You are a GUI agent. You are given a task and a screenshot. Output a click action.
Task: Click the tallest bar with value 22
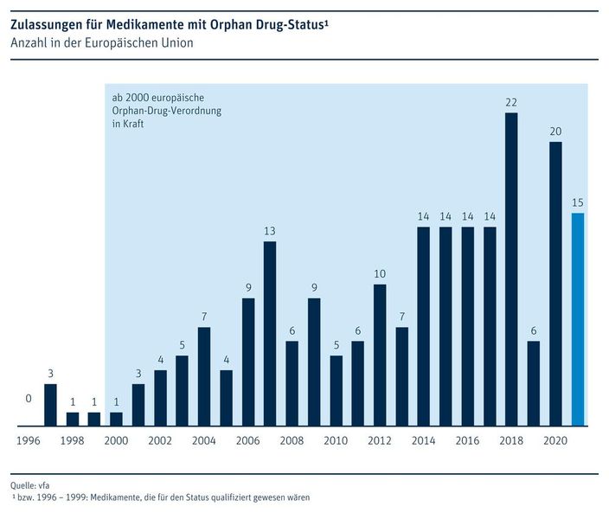[x=511, y=269]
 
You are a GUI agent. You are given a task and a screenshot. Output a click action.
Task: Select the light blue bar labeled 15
[x=578, y=319]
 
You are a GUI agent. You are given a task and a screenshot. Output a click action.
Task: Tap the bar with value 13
[x=270, y=333]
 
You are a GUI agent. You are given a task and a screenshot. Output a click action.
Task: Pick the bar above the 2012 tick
[x=380, y=355]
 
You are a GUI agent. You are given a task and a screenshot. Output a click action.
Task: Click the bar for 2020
[x=555, y=284]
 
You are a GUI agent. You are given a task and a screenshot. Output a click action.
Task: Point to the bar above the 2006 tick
[x=248, y=362]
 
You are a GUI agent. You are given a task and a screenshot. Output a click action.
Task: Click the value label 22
[x=511, y=102]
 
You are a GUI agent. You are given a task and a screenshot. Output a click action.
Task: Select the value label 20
[x=555, y=131]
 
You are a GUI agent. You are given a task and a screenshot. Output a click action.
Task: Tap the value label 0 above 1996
[x=29, y=399]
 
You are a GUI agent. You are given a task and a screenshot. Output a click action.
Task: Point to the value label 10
[x=380, y=273]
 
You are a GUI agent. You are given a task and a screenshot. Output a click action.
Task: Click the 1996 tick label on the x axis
[x=28, y=440]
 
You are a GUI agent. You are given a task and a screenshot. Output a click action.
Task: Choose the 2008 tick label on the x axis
[x=292, y=440]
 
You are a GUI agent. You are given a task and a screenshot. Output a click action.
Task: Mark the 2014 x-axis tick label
[x=424, y=440]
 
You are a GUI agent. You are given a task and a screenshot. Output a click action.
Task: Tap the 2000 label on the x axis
[x=116, y=440]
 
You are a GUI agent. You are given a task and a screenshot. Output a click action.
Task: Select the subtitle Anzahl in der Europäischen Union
[x=101, y=42]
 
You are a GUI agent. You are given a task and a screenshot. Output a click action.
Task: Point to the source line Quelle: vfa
[x=30, y=486]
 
